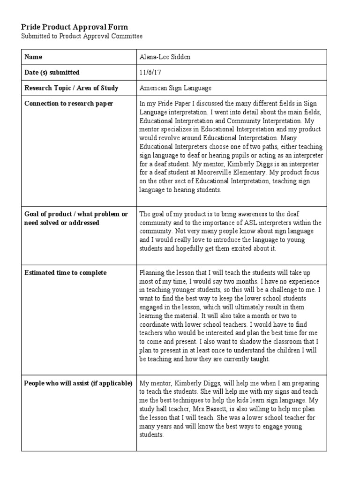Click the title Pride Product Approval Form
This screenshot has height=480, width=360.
pyautogui.click(x=75, y=27)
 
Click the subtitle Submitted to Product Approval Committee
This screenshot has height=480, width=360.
pyautogui.click(x=82, y=36)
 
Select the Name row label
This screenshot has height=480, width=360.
pyautogui.click(x=33, y=57)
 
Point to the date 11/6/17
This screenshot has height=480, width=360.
pyautogui.click(x=150, y=72)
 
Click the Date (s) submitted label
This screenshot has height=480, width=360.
pyautogui.click(x=52, y=72)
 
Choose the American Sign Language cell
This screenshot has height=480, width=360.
pyautogui.click(x=175, y=88)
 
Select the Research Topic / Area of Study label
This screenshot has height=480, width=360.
pyautogui.click(x=71, y=88)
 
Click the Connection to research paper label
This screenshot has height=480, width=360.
pyautogui.click(x=68, y=103)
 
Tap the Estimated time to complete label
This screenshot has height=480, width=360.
pyautogui.click(x=66, y=272)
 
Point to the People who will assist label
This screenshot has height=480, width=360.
pyautogui.click(x=78, y=383)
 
